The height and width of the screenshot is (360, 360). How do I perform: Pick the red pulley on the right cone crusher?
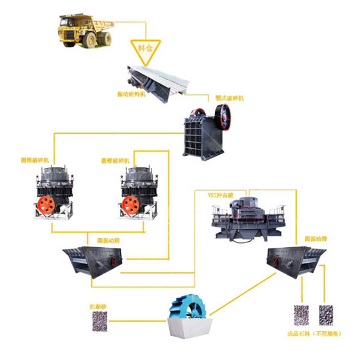point(128,205)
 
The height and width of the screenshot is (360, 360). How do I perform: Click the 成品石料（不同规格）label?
point(314,333)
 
